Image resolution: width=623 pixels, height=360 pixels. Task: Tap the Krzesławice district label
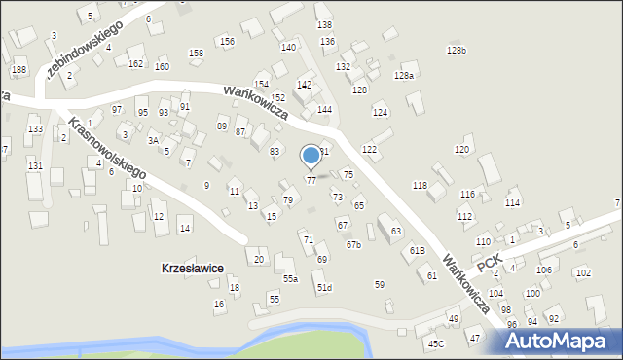tap(194, 268)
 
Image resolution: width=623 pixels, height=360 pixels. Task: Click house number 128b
tap(456, 51)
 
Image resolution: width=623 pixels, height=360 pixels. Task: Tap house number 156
tap(227, 41)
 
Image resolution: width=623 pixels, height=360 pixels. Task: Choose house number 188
tap(18, 70)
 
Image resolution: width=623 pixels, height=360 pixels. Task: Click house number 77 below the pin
tap(311, 180)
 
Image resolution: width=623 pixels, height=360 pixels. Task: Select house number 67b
tap(353, 244)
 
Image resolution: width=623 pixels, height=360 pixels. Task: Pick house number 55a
tap(290, 279)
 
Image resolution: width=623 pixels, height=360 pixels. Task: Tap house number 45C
tap(435, 343)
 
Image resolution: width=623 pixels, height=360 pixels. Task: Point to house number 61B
tap(417, 251)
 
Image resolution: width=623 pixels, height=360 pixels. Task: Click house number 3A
tap(153, 140)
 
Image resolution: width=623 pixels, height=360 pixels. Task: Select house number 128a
tap(404, 75)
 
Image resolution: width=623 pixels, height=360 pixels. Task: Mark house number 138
tap(324, 24)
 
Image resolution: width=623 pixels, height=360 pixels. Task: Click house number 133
tap(35, 129)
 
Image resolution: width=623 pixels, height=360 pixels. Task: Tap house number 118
tap(420, 185)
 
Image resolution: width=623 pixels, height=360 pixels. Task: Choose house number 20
tap(259, 259)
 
